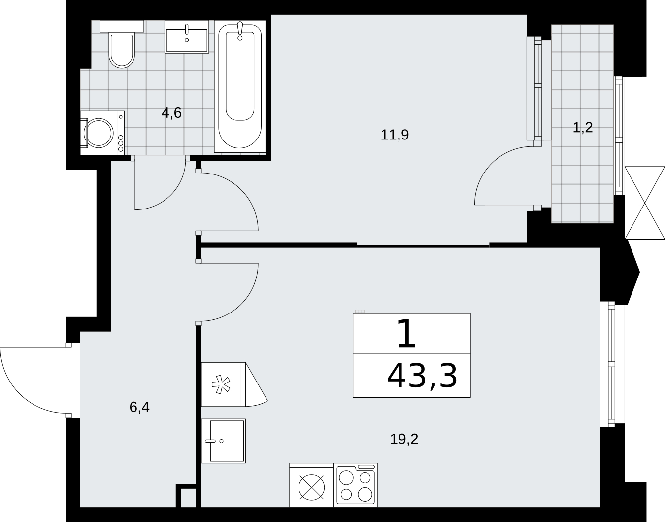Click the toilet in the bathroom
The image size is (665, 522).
tap(122, 44)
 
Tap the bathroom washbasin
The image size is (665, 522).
tap(187, 37)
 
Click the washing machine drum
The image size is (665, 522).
tap(99, 133)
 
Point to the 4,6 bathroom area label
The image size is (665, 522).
tap(171, 113)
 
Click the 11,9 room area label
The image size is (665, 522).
tap(395, 135)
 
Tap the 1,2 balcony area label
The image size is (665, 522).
tap(583, 128)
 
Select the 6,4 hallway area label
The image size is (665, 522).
tap(139, 408)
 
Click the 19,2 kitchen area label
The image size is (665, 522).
tap(404, 439)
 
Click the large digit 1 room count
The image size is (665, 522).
tap(406, 333)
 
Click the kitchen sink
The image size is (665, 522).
tap(224, 441)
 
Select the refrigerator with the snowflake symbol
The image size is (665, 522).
tap(224, 384)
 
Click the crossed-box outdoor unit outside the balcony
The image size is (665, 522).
tap(645, 203)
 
